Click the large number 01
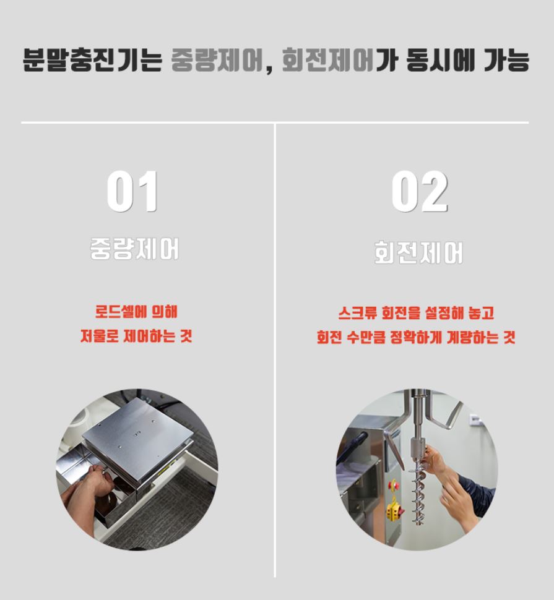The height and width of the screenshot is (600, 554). pos(132,192)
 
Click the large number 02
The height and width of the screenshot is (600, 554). pos(419,192)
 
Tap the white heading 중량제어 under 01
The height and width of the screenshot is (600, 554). pos(134,249)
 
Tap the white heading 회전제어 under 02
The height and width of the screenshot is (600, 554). pos(418,252)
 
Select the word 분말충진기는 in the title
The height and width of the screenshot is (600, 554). pos(92,61)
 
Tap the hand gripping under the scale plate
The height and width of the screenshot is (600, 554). pos(93,479)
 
